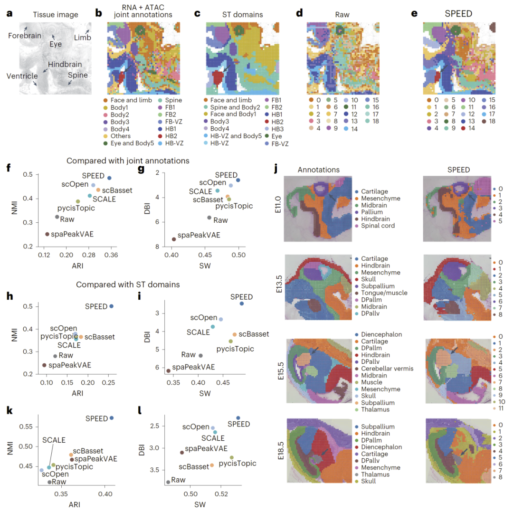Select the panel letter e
pos(415,13)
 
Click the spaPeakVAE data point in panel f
pos(47,234)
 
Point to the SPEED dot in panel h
pos(112,306)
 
